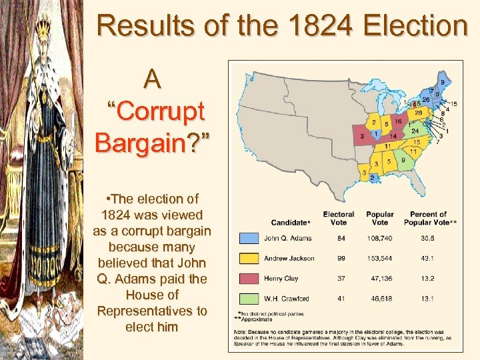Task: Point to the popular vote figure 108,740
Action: coord(379,238)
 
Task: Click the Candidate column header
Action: coord(291,222)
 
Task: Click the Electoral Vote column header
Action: coord(339,218)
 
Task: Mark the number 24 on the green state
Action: coord(415,131)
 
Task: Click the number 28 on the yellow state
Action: coord(419,113)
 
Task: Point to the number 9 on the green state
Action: coord(403,160)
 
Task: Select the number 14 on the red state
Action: coord(393,136)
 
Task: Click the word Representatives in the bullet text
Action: coord(152,311)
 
